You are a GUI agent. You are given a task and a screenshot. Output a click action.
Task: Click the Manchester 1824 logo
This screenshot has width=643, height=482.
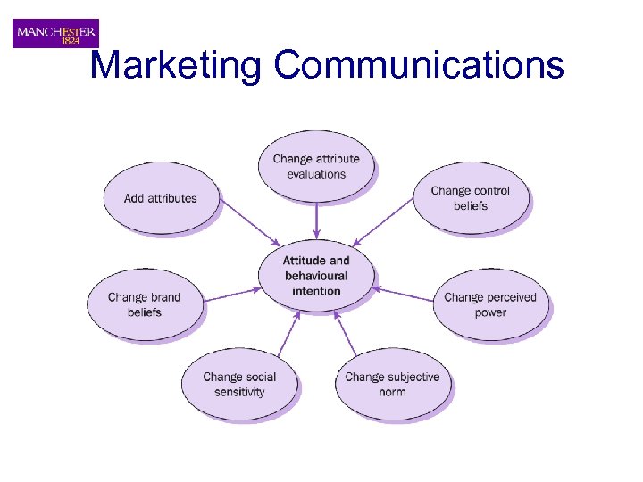(55, 34)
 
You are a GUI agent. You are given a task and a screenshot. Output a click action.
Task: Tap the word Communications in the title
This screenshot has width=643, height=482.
(420, 65)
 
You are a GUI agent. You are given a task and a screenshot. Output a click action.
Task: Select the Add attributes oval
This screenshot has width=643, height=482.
(161, 197)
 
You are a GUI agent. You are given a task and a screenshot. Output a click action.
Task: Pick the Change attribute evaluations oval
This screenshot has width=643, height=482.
(316, 166)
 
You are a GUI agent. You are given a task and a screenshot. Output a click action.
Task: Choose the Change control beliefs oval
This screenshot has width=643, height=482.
(471, 197)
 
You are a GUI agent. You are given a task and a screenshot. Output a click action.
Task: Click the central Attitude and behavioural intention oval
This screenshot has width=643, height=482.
(316, 276)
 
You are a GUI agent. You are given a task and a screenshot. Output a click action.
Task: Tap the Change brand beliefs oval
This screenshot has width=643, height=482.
(144, 304)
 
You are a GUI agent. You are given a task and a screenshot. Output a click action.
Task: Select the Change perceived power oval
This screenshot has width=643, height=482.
(490, 304)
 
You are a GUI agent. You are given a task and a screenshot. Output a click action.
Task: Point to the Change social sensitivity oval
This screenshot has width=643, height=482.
(239, 384)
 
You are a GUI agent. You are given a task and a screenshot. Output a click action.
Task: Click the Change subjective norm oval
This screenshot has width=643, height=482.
(392, 384)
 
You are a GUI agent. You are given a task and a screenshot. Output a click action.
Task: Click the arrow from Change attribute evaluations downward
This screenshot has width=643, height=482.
(316, 220)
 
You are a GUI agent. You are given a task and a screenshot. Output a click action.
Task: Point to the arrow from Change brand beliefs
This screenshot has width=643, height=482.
(230, 294)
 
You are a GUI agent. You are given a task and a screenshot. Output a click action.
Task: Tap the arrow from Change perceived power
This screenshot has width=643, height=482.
(404, 292)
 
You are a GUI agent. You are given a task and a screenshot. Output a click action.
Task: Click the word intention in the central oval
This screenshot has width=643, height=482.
(316, 291)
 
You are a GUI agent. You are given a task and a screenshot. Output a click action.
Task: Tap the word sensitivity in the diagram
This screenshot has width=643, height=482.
(239, 392)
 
